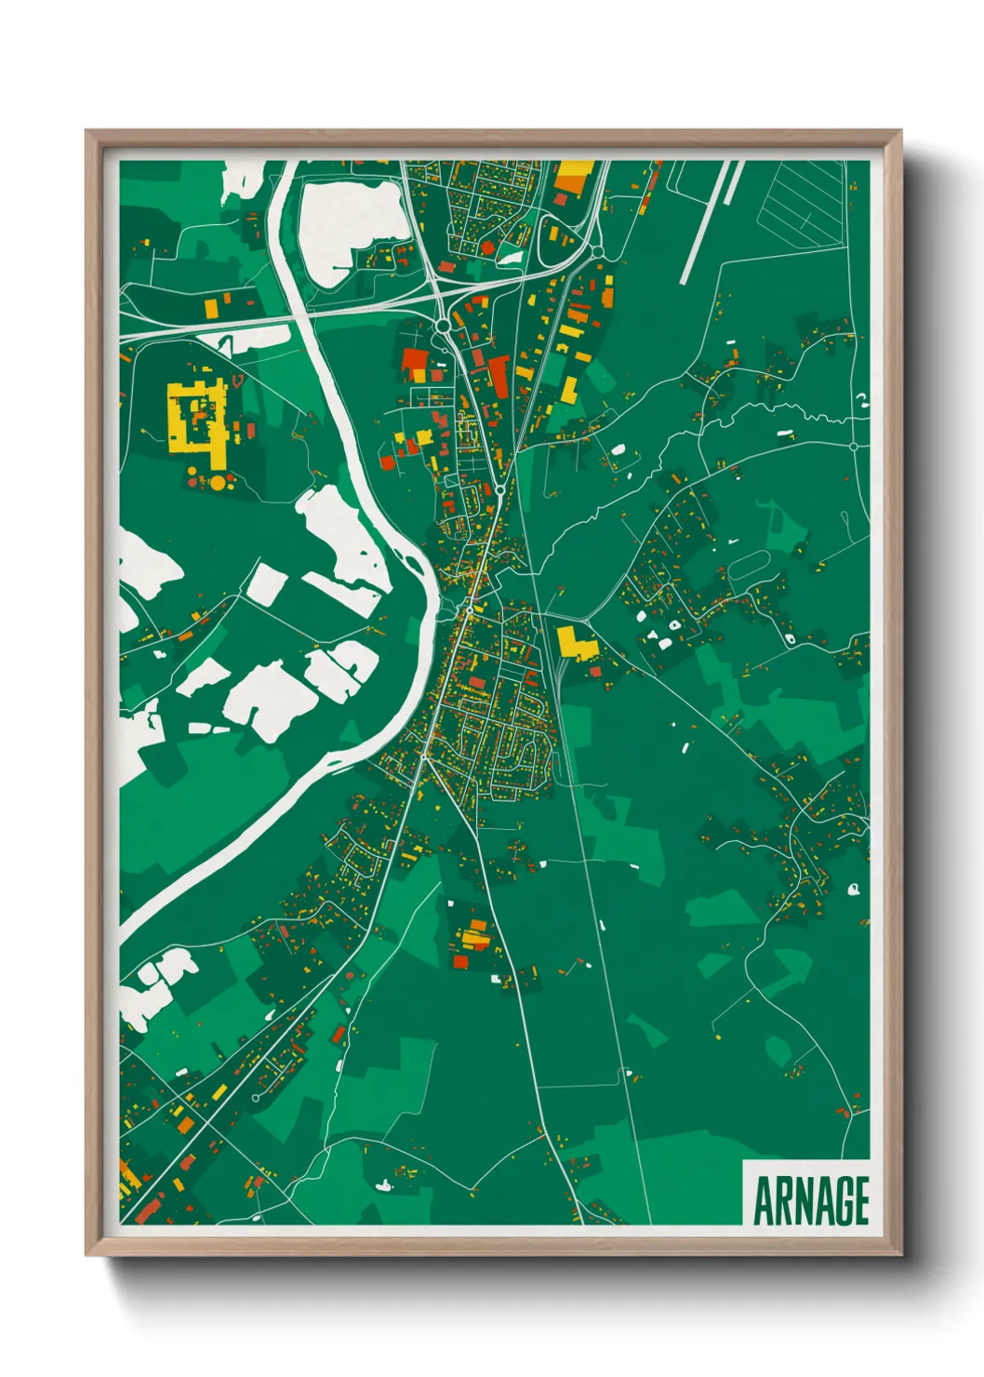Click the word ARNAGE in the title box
tap(810, 1200)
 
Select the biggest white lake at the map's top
tap(349, 223)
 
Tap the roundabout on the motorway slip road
tap(443, 326)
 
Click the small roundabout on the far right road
tap(854, 447)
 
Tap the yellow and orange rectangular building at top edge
tap(574, 176)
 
